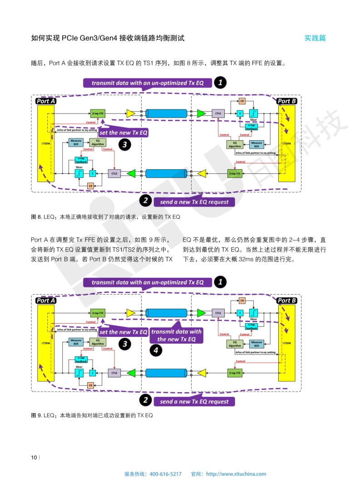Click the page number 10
[34, 457]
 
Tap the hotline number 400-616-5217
[165, 474]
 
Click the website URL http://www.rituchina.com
[236, 474]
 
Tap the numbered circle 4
[156, 351]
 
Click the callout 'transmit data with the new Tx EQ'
[176, 336]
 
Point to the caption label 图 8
[36, 217]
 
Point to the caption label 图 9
[36, 415]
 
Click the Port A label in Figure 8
[46, 101]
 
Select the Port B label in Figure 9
[286, 301]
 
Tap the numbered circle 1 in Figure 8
[220, 83]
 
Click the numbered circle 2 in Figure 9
[145, 400]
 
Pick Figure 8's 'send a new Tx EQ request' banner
[194, 202]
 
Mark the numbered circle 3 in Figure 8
[125, 145]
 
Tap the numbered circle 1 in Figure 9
[220, 282]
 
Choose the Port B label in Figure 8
[286, 101]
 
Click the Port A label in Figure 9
[46, 301]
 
